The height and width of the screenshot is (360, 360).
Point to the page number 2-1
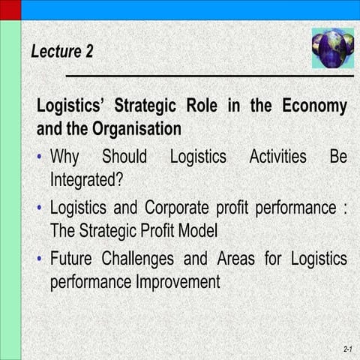tap(348, 350)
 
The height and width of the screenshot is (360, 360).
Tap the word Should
tap(124, 157)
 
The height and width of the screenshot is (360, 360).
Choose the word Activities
tap(277, 157)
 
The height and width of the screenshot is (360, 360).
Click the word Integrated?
tap(86, 181)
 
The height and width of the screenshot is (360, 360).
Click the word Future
tap(74, 259)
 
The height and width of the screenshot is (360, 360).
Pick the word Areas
tap(241, 259)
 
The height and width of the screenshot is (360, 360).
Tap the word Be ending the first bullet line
tap(338, 157)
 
